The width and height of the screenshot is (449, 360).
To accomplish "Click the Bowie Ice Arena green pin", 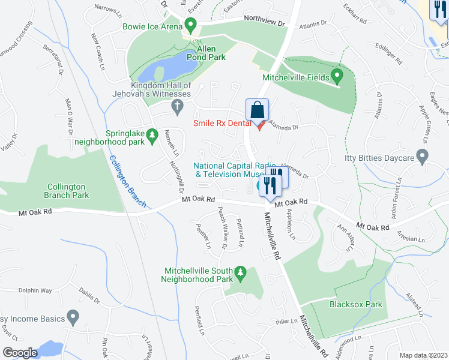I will click(x=191, y=26).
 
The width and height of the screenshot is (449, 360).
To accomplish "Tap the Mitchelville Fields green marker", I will click(x=337, y=77).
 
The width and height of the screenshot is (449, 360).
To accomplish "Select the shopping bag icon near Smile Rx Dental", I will click(x=257, y=110).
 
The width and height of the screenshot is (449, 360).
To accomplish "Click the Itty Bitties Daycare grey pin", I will click(x=422, y=158).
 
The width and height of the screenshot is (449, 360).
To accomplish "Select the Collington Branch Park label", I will click(x=68, y=191).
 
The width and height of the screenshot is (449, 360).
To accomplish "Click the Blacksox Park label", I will click(x=356, y=304).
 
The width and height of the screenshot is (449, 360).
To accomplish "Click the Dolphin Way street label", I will click(x=35, y=290).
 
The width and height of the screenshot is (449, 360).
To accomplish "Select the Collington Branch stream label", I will click(x=127, y=182).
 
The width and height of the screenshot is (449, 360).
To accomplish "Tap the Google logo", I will click(x=20, y=353).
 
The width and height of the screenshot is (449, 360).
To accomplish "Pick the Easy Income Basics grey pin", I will click(x=73, y=316).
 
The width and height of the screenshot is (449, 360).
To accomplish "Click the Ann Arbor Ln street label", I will click(x=346, y=238).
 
